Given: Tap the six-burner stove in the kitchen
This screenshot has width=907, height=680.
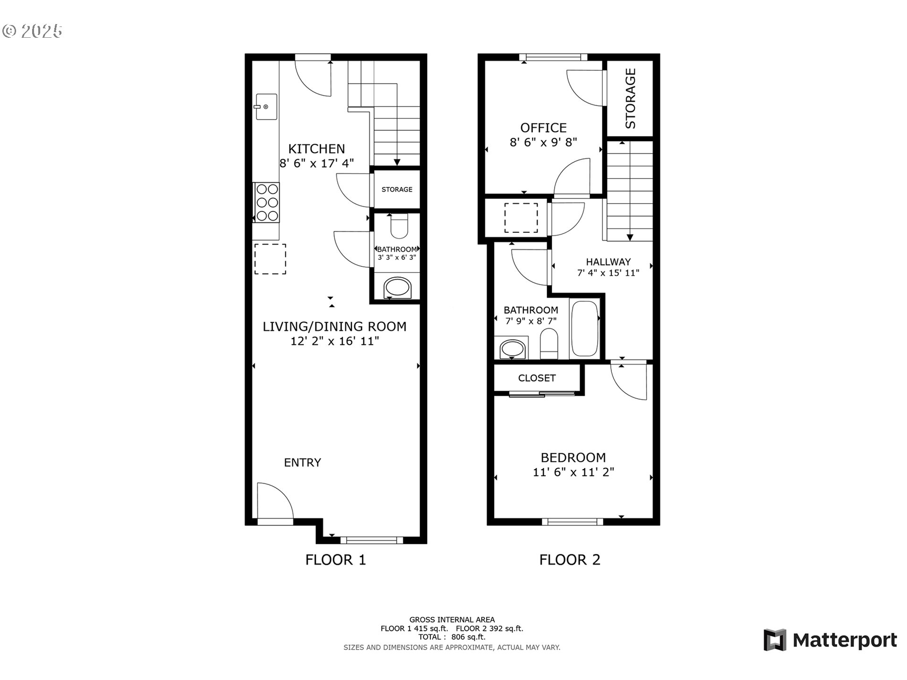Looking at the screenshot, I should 267,203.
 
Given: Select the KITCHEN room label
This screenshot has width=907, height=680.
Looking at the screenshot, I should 317,149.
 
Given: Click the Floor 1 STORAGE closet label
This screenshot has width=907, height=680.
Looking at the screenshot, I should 397,189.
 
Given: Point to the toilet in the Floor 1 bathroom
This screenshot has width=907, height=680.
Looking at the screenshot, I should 399,227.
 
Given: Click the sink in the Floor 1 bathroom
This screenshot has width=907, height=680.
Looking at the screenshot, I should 398,287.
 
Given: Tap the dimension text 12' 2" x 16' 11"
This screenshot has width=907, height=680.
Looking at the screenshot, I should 334,341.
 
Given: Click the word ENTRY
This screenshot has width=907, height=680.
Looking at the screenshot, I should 302,462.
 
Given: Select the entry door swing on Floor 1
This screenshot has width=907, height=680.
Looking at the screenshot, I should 274,501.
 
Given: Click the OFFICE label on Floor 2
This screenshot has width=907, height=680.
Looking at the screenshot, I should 543,127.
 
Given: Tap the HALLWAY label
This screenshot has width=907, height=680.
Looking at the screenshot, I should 608,262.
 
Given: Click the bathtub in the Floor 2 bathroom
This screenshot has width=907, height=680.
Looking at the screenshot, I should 585,329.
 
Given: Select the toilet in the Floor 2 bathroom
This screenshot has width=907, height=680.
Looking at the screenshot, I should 549,344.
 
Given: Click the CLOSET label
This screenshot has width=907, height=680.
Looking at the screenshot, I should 537,378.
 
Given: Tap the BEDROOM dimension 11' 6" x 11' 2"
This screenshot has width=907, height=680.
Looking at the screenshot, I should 573,472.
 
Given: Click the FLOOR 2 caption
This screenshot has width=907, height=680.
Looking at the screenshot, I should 570,560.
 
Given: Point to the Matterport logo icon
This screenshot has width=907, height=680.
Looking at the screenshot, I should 775,640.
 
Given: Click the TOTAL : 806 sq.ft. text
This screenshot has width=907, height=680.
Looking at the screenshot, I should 452,637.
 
